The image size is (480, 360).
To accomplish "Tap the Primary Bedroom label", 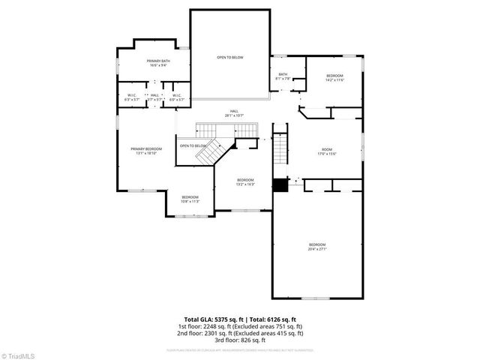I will [x=146, y=151].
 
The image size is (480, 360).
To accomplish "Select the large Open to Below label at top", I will [x=230, y=58].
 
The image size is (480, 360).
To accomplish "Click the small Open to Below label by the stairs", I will [x=193, y=145].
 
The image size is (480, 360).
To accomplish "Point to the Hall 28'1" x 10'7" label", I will [x=235, y=113].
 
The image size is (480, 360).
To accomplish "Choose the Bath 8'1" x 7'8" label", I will [x=283, y=76].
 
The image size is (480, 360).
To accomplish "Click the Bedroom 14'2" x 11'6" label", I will [x=334, y=78].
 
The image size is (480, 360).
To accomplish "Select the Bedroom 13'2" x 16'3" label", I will [x=245, y=181].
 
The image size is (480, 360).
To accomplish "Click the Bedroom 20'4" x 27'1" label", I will [x=317, y=247].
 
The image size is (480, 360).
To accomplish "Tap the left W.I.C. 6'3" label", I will [x=131, y=97].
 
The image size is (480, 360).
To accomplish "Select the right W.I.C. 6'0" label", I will [x=176, y=97].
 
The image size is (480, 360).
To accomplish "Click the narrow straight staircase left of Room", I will [x=280, y=150].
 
